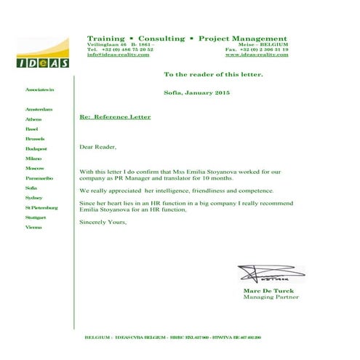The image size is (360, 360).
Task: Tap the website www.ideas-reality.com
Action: [257, 55]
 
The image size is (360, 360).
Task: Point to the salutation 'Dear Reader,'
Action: [97, 147]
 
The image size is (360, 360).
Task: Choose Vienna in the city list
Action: [33, 228]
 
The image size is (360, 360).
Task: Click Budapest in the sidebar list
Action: [36, 148]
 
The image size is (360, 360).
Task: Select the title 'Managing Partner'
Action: [271, 297]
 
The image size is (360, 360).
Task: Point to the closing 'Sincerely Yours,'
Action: [103, 221]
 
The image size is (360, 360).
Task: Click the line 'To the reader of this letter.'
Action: [213, 75]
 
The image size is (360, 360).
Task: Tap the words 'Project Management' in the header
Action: [242, 38]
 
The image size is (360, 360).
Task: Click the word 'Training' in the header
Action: [105, 38]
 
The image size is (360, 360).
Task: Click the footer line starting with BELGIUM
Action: [173, 337]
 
